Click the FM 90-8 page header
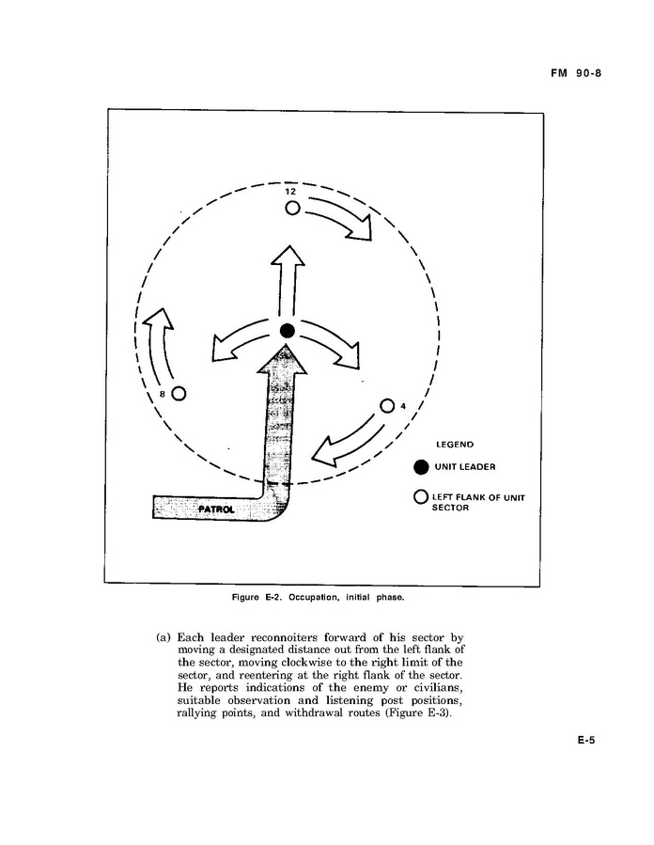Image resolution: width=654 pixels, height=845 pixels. tap(576, 72)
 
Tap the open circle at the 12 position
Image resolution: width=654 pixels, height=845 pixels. tap(292, 208)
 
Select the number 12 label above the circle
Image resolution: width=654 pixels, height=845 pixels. tap(290, 192)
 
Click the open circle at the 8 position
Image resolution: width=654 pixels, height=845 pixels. tap(179, 394)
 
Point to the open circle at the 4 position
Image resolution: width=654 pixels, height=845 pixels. tap(387, 406)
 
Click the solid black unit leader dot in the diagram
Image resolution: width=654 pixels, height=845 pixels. tap(288, 331)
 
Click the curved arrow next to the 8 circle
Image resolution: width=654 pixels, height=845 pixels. tap(155, 345)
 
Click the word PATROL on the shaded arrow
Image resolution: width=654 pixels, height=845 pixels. tap(216, 509)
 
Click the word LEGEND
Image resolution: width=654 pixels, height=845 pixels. tap(455, 445)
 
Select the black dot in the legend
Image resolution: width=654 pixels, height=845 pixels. tap(421, 467)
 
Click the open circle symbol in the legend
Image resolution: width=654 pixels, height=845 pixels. tap(421, 496)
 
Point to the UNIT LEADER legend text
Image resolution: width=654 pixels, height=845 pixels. tap(465, 467)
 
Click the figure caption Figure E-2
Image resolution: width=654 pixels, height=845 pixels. tap(318, 598)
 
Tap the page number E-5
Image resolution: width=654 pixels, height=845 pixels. tap(586, 741)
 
